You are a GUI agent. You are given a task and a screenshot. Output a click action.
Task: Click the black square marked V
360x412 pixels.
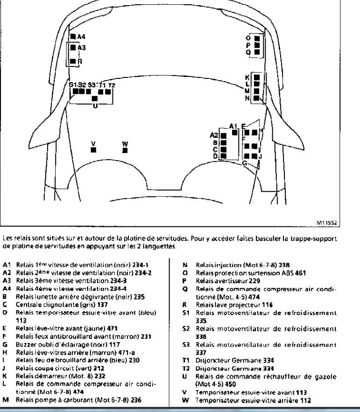[x=93, y=150]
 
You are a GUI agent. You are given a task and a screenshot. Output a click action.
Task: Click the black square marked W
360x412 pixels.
[x=125, y=150]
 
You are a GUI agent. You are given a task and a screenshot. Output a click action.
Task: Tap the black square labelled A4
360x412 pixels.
[x=73, y=36]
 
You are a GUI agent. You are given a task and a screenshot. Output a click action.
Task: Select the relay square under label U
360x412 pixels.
[x=95, y=98]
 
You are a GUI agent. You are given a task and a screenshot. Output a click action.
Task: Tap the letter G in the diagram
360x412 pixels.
[x=244, y=162]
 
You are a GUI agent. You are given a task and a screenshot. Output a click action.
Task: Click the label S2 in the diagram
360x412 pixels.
[x=82, y=85]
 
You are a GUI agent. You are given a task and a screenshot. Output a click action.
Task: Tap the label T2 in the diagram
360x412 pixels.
[x=112, y=85]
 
